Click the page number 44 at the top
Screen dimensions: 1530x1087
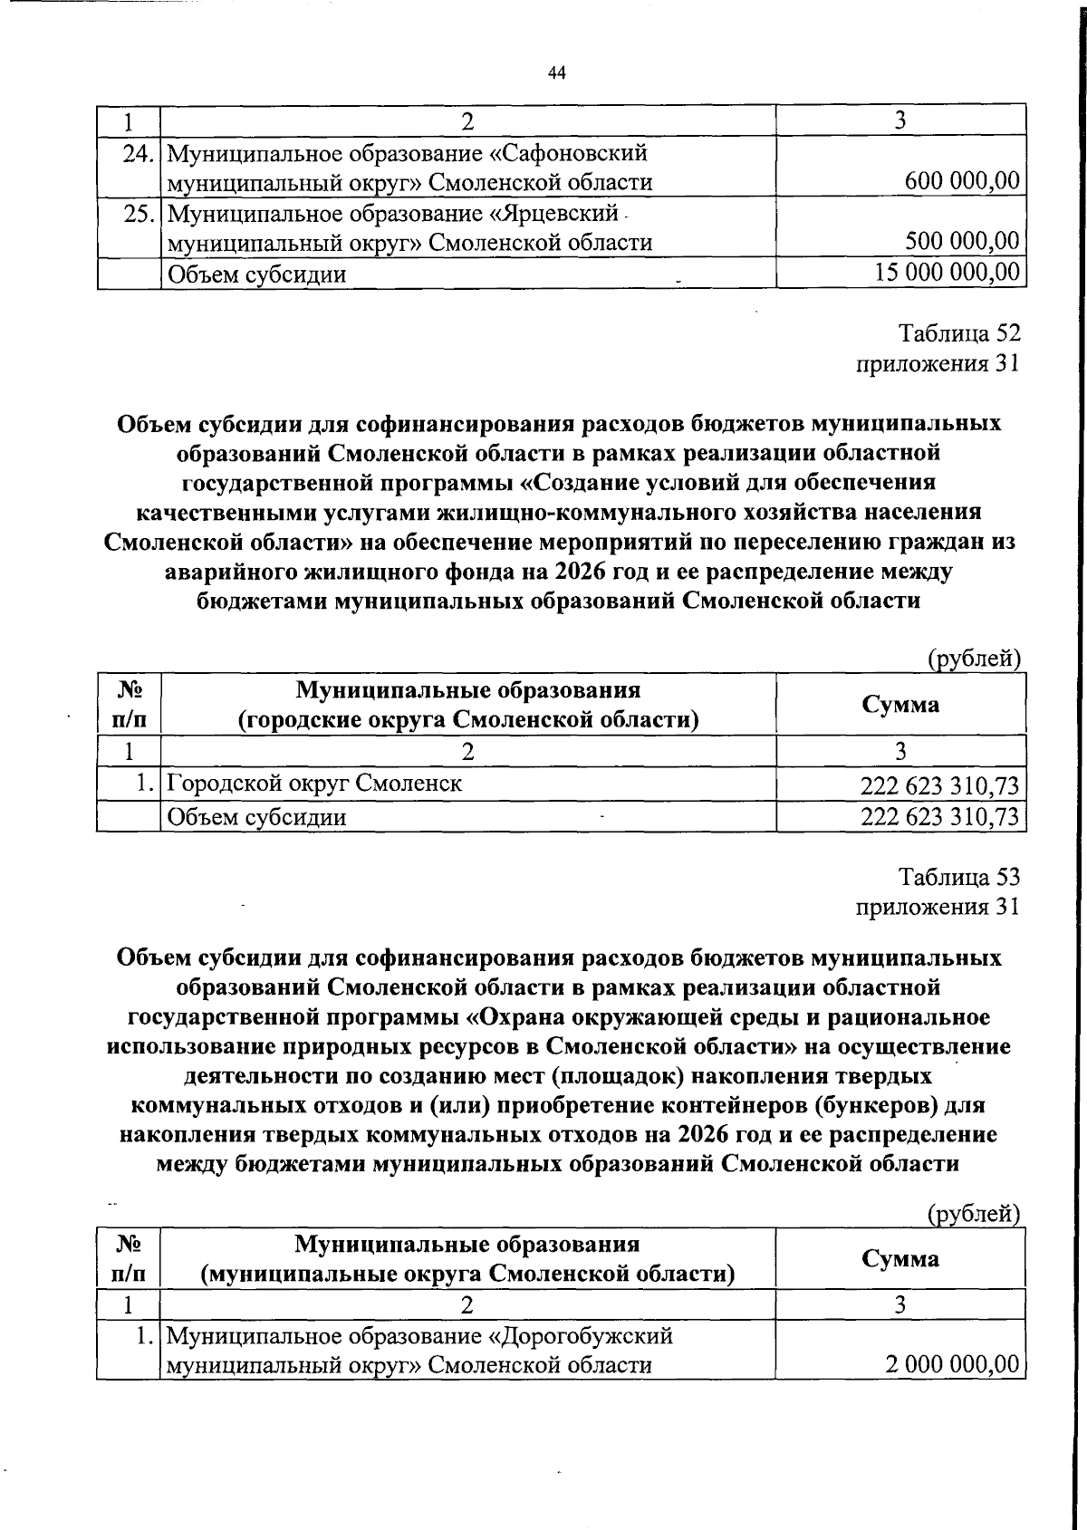coord(556,74)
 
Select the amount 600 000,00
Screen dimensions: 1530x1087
coord(962,181)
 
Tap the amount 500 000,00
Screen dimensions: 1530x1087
coord(962,242)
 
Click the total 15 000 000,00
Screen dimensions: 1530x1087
coord(948,272)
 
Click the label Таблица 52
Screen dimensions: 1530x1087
coord(959,333)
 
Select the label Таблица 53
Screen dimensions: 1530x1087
coord(959,877)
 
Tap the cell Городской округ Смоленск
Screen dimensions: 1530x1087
coord(314,783)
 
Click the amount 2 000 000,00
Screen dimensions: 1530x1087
coord(953,1364)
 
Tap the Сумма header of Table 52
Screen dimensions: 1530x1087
coord(900,705)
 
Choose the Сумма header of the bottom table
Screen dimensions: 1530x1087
coord(900,1258)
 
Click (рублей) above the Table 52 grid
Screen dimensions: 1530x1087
coord(975,659)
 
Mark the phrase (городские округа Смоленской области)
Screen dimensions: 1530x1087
coord(468,720)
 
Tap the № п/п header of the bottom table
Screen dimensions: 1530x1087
coord(128,1258)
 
